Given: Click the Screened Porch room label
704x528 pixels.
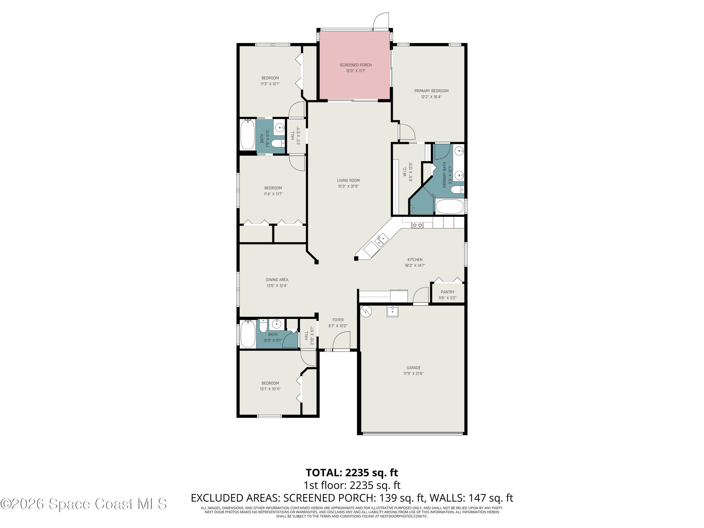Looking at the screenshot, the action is (356, 65).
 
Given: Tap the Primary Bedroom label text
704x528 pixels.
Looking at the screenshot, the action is (431, 91).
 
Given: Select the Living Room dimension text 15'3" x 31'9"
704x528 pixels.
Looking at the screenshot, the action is (348, 186).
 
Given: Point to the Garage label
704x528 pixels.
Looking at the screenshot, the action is (413, 367).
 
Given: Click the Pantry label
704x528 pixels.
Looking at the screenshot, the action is (448, 292).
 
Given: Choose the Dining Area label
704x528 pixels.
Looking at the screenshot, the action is (277, 280).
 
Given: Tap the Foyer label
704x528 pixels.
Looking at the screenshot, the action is (338, 320).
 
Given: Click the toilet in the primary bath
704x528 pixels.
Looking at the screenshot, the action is (457, 190).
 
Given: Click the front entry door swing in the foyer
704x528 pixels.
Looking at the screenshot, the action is (341, 340).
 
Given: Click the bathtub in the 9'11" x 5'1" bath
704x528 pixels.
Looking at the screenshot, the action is (248, 334).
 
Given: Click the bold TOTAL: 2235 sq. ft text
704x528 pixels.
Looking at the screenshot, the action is (352, 473).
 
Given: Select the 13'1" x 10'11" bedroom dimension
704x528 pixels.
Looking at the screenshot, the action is (270, 389).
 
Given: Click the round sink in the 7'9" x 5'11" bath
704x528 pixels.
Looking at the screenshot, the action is (280, 129).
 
